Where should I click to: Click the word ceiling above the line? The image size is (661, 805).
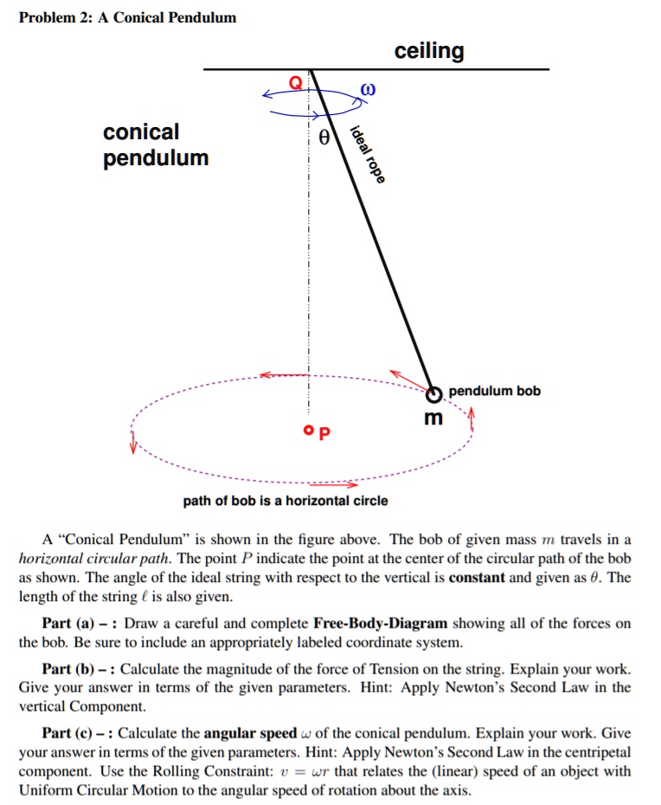pos(429,52)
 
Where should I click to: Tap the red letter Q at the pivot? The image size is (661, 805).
pos(296,84)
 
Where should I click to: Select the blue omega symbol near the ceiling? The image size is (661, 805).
pos(369,89)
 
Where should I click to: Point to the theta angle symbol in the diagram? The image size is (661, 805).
pos(324,137)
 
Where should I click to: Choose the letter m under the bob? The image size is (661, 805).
pos(433,418)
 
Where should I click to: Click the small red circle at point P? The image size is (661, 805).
pos(308,429)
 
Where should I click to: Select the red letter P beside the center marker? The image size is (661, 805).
pos(324,431)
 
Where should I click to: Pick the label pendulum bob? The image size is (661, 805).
pos(494,391)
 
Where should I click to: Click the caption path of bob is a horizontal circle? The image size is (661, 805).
pos(286,501)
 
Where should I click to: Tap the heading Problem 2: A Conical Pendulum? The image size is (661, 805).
pos(127,17)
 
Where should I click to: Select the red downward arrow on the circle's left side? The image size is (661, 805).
pos(133,444)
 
